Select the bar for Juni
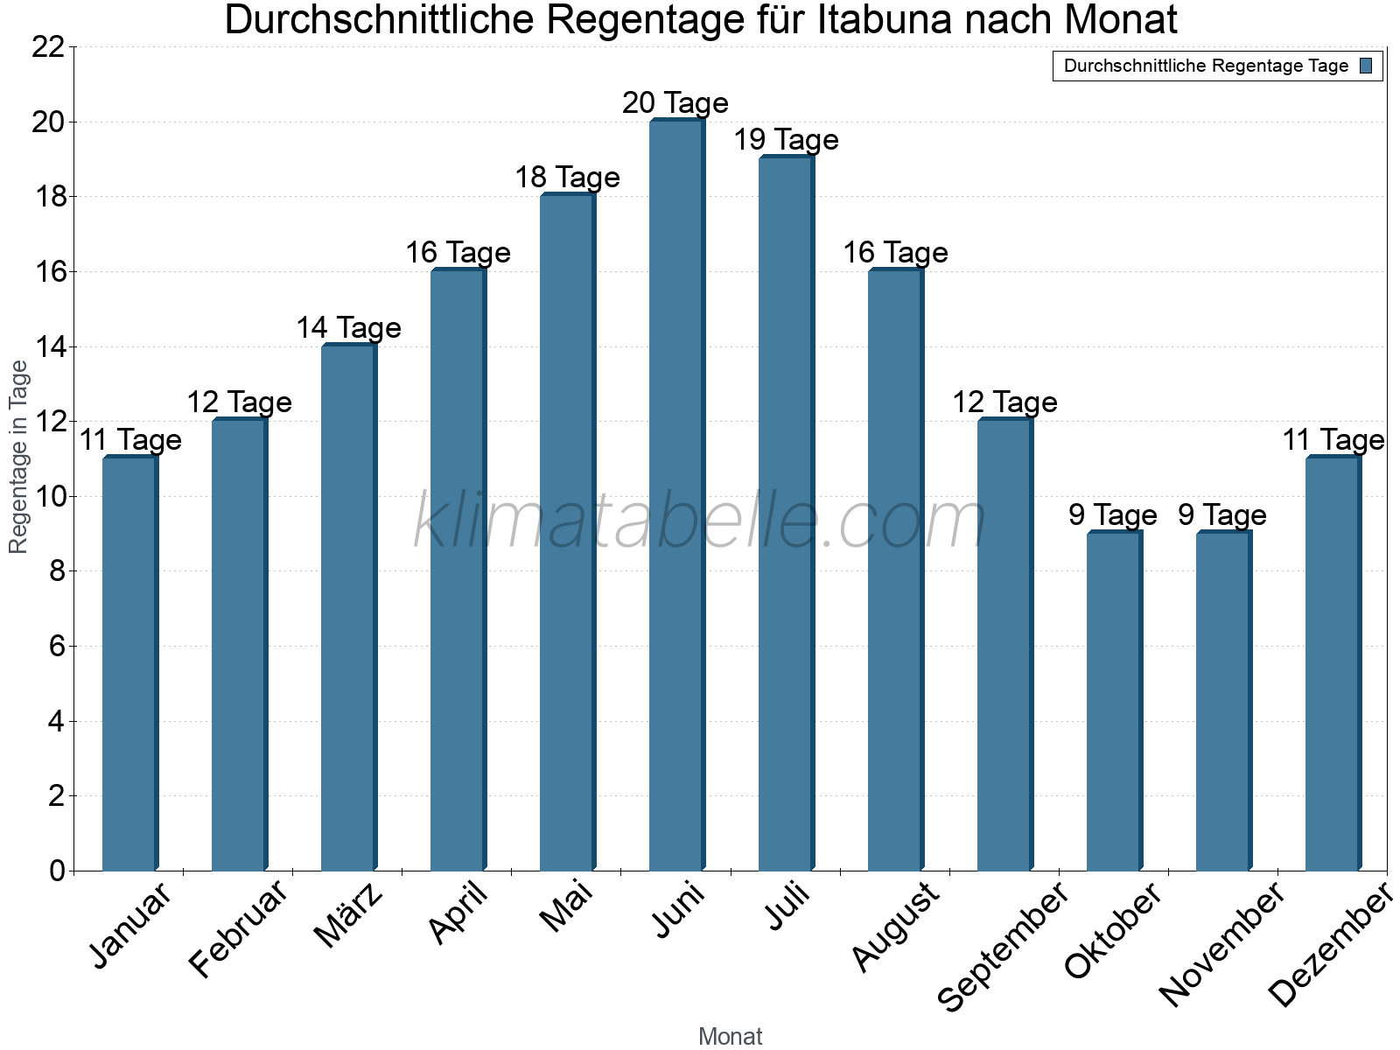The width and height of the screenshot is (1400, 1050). tap(675, 495)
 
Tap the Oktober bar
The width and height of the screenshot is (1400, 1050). tap(1113, 701)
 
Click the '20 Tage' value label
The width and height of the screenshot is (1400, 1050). tap(675, 103)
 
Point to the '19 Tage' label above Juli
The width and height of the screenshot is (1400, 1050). tap(786, 140)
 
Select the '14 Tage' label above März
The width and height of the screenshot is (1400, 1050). tap(348, 328)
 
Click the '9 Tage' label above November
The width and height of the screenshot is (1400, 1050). tap(1222, 515)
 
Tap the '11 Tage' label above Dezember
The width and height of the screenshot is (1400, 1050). tap(1333, 440)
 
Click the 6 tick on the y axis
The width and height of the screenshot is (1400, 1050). tap(57, 647)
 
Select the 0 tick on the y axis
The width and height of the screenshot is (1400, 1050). tap(57, 871)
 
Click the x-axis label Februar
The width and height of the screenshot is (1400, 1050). tap(237, 928)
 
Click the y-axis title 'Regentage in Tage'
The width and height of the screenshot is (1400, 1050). tap(19, 458)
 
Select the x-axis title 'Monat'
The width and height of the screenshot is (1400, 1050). tap(731, 1037)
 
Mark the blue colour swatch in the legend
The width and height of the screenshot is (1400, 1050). tap(1367, 66)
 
